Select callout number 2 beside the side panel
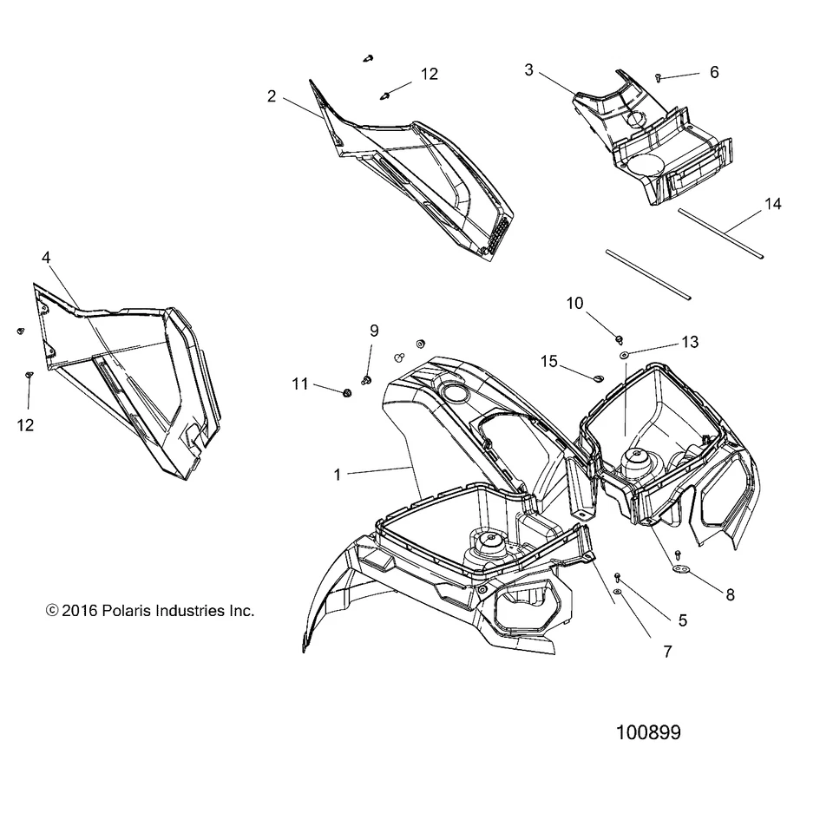pos(272,96)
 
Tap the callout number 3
pos(529,69)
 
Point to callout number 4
pos(45,257)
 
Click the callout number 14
pos(772,204)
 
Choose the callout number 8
pos(730,595)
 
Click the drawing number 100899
pos(647,732)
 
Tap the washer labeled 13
pos(624,355)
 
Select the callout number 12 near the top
pos(430,74)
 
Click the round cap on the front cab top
pos(455,394)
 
